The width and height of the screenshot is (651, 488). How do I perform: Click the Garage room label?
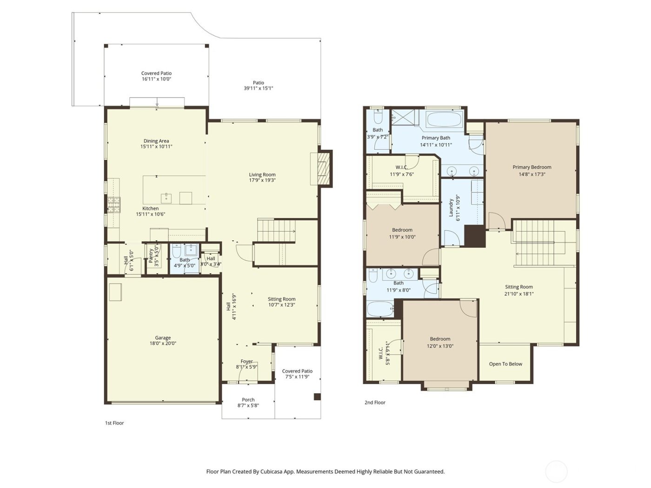point(163,338)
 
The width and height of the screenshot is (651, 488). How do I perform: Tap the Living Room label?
point(262,175)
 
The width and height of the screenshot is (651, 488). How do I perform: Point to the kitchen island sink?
point(166,198)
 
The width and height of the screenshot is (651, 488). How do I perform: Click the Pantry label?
point(151,255)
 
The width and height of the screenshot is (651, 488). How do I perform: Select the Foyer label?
point(246,361)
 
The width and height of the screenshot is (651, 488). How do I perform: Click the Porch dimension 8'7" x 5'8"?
point(248,405)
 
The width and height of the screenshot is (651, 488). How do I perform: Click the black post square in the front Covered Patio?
point(317,396)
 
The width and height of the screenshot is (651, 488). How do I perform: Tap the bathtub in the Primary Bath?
point(444,120)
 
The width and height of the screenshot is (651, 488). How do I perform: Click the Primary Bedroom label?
point(532,167)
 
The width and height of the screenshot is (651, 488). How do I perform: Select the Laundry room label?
point(451,208)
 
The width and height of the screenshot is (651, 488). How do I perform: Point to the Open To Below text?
point(505,364)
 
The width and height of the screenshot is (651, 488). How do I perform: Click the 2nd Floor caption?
point(375,402)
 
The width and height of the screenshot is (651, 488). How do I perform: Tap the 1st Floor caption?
point(114,423)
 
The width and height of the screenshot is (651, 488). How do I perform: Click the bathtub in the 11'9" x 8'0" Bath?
point(380,309)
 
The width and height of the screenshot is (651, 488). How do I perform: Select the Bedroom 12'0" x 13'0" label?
point(440,339)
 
